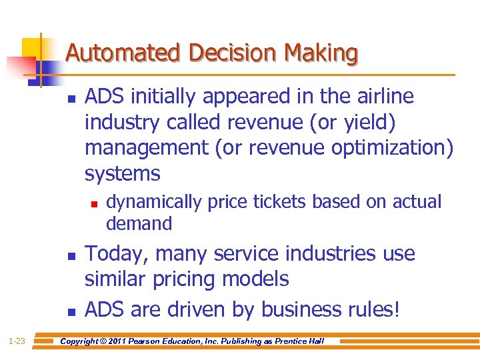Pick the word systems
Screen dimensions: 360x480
coord(123,174)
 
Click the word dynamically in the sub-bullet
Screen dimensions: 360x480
coord(154,201)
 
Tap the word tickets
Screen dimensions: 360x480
coord(275,201)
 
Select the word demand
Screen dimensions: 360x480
coord(139,223)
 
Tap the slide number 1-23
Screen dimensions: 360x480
coord(17,341)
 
